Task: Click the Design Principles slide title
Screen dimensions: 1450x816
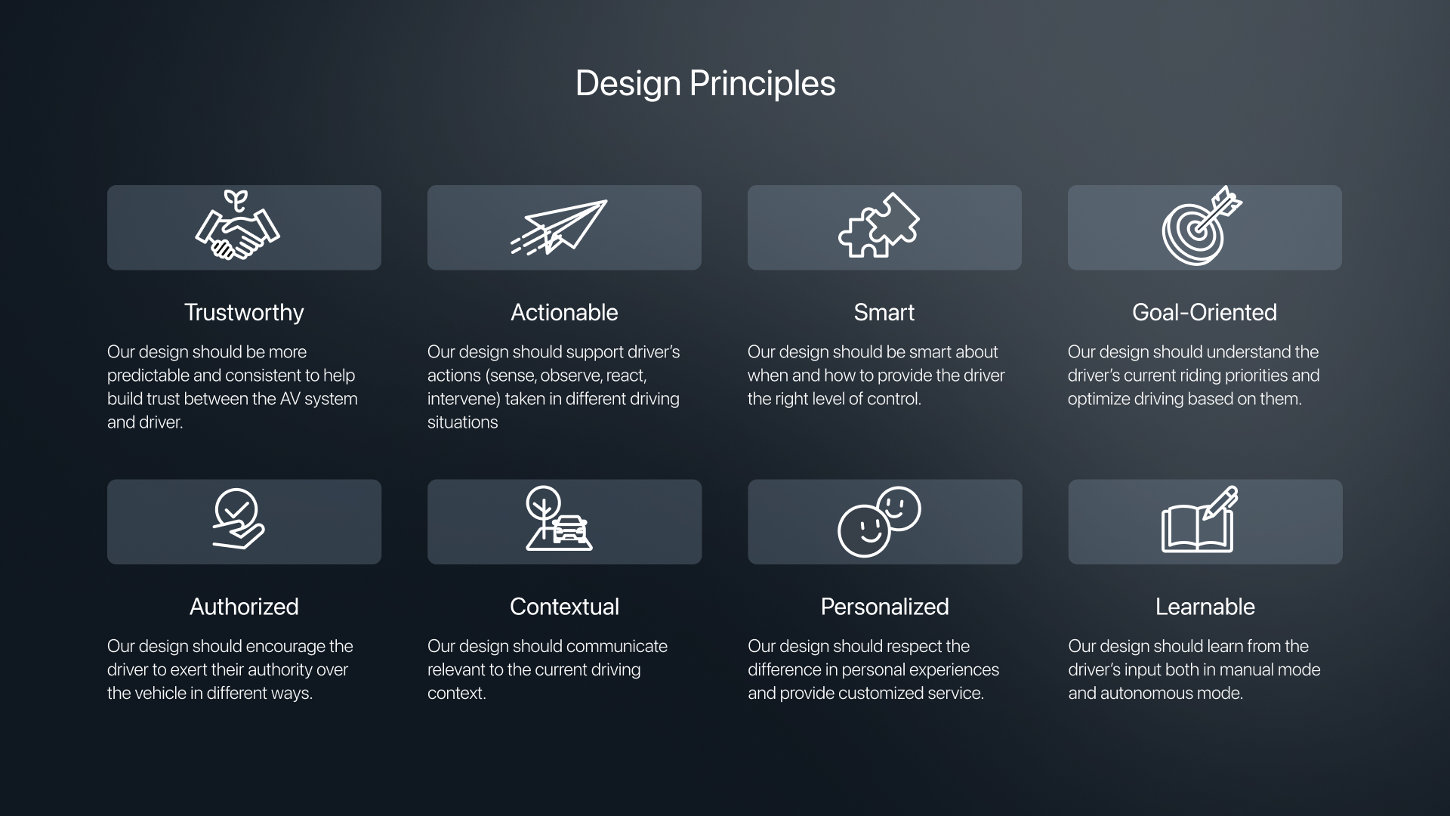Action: coord(705,84)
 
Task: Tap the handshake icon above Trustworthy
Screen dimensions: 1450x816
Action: coord(237,226)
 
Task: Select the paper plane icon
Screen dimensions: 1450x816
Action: coord(559,227)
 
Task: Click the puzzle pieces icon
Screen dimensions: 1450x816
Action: coord(879,225)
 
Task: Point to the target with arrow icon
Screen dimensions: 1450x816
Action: coord(1202,226)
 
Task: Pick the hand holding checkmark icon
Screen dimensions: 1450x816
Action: coord(238,519)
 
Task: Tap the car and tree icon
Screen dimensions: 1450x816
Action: coord(559,518)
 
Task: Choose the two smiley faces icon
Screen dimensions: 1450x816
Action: coord(879,521)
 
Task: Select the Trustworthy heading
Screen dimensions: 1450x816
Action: coord(244,313)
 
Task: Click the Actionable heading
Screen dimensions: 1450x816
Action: coord(564,313)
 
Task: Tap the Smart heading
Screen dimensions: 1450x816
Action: coord(884,313)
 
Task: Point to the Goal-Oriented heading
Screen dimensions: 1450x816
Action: coord(1205,313)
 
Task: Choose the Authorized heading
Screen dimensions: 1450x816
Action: coord(244,607)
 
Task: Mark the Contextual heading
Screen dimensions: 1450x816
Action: coord(564,607)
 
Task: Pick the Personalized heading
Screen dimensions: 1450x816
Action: coord(884,607)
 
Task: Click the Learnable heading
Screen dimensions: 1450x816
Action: coord(1205,607)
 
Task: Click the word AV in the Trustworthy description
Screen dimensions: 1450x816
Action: coord(290,399)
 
